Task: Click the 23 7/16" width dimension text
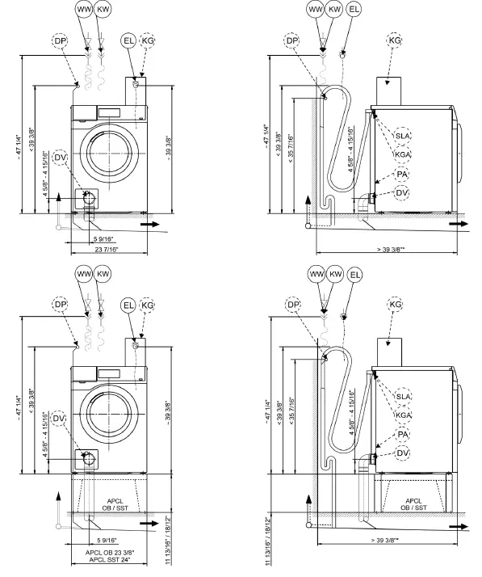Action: tap(107, 250)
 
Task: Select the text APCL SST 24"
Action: tap(110, 560)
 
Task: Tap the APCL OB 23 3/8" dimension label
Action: tap(110, 553)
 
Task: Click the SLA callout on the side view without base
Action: tap(402, 136)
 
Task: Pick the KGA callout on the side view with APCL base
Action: tap(403, 415)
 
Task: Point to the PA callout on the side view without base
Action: tap(403, 174)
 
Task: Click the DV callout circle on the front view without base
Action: tap(61, 158)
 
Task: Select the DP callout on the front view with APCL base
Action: tap(61, 305)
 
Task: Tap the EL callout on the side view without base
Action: tap(354, 9)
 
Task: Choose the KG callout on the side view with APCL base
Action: tap(396, 305)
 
